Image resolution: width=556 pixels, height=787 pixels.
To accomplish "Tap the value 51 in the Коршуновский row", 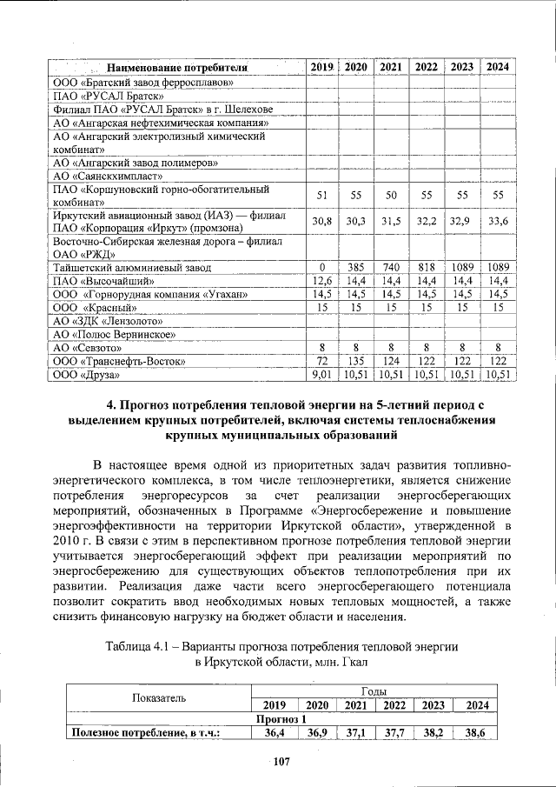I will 321,195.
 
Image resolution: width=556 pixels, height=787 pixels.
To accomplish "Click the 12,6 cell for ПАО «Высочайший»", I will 321,281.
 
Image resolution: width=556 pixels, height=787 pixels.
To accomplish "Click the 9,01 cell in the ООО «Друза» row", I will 321,375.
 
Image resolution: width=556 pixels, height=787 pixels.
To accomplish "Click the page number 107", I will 278,763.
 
